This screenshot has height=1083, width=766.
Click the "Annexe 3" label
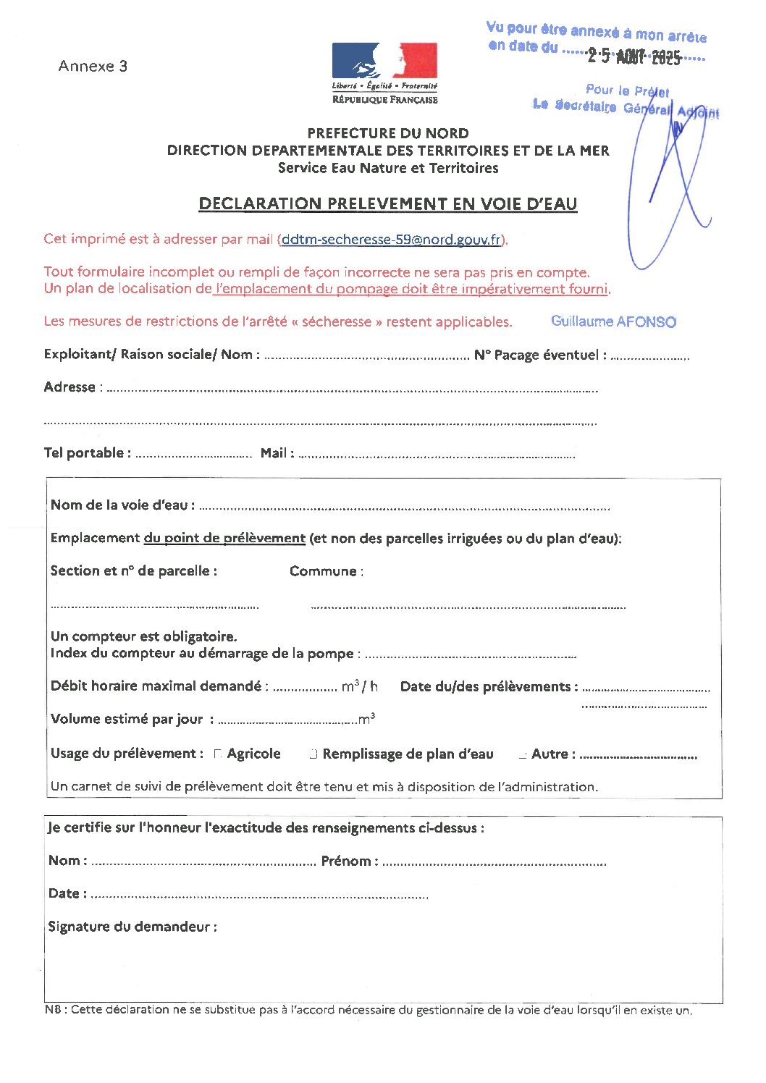93,66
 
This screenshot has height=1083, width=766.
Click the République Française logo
384,73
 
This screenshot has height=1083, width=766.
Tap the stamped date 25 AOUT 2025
634,56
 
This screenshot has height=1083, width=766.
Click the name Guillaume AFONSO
613,321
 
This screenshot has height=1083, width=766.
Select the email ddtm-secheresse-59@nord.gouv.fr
392,240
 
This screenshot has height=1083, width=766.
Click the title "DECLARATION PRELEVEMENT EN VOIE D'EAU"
388,204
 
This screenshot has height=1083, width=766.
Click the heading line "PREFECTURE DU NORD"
388,133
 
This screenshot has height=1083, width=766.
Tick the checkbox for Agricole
218,754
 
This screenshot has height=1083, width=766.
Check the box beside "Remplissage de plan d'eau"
313,754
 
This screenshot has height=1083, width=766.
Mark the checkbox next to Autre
523,755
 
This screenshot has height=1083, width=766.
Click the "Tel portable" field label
87,453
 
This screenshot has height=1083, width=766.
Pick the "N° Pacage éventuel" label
540,355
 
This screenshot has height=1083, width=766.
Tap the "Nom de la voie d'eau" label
122,505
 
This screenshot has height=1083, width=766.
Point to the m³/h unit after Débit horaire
360,686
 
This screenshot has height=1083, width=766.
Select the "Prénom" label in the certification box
350,861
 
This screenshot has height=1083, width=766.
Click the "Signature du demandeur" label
132,927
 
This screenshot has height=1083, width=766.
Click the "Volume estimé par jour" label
127,719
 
